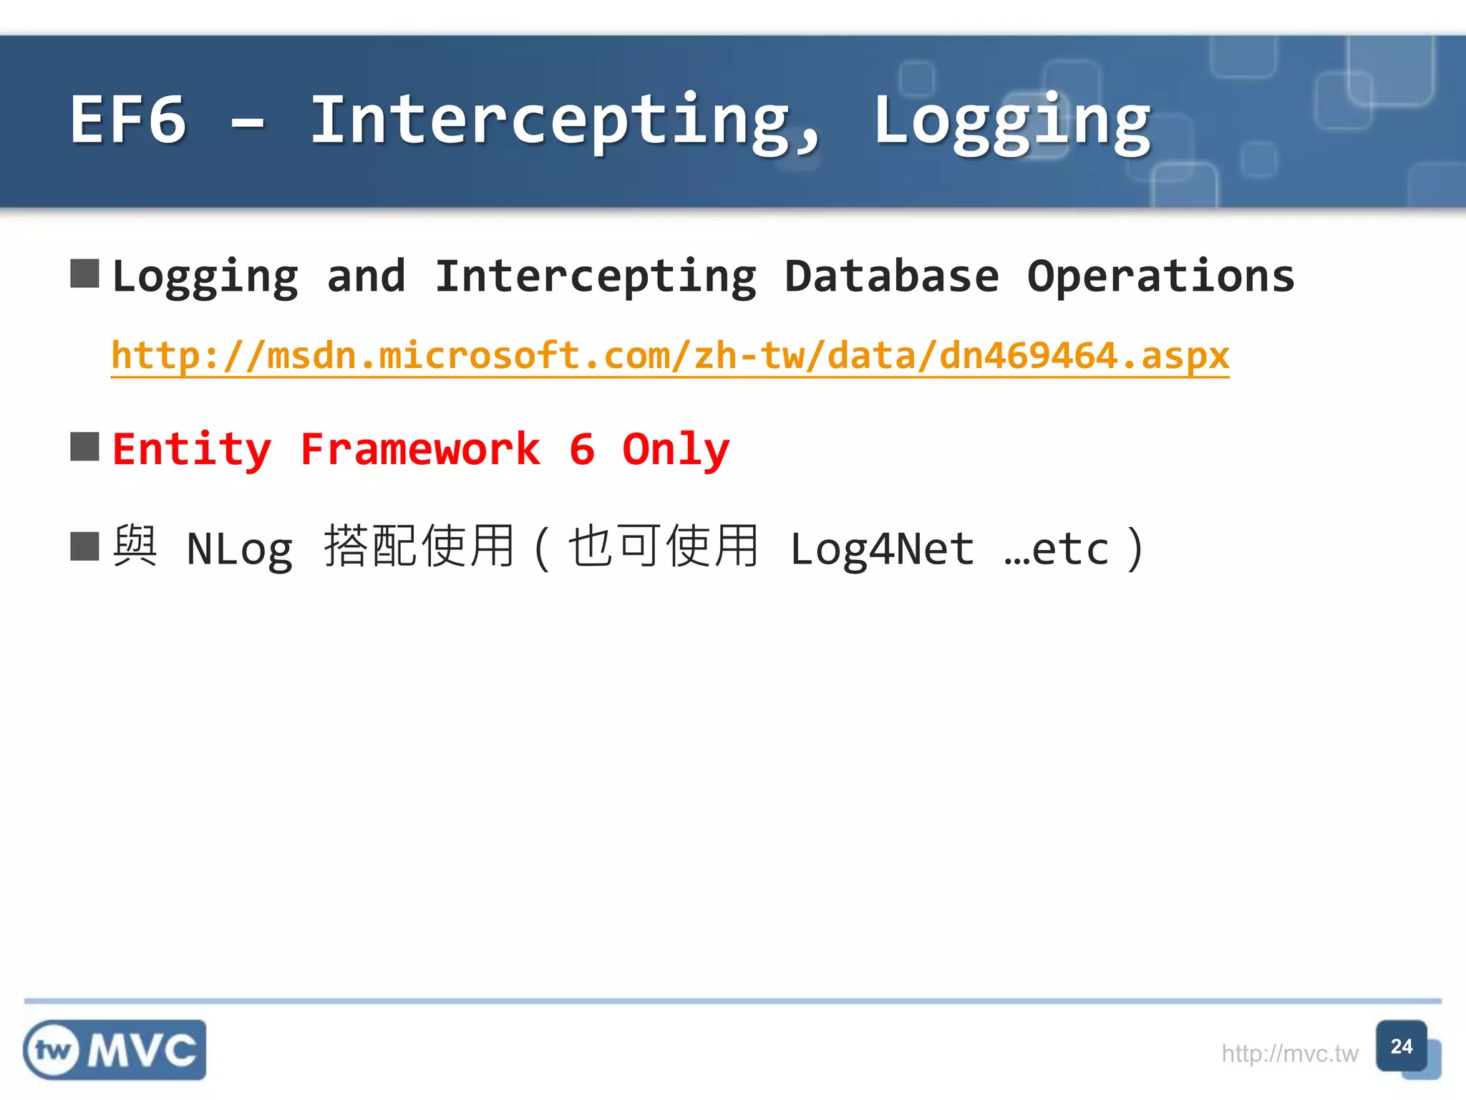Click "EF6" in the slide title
pyautogui.click(x=129, y=120)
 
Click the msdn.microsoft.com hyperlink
pyautogui.click(x=670, y=356)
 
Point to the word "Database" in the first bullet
pyautogui.click(x=891, y=276)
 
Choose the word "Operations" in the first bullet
pyautogui.click(x=1160, y=276)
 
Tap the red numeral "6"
pyautogui.click(x=582, y=450)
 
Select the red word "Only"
pyautogui.click(x=676, y=450)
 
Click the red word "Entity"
pyautogui.click(x=192, y=450)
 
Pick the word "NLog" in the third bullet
pyautogui.click(x=240, y=550)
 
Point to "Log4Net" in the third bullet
pyautogui.click(x=882, y=550)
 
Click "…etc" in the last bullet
pyautogui.click(x=1056, y=550)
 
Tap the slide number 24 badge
pyautogui.click(x=1401, y=1047)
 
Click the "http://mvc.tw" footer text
pyautogui.click(x=1289, y=1053)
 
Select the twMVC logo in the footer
pyautogui.click(x=115, y=1050)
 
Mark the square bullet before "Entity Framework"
pyautogui.click(x=84, y=447)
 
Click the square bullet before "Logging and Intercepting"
pyautogui.click(x=84, y=274)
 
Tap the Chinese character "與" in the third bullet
pyautogui.click(x=135, y=546)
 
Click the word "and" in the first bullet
pyautogui.click(x=366, y=276)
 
